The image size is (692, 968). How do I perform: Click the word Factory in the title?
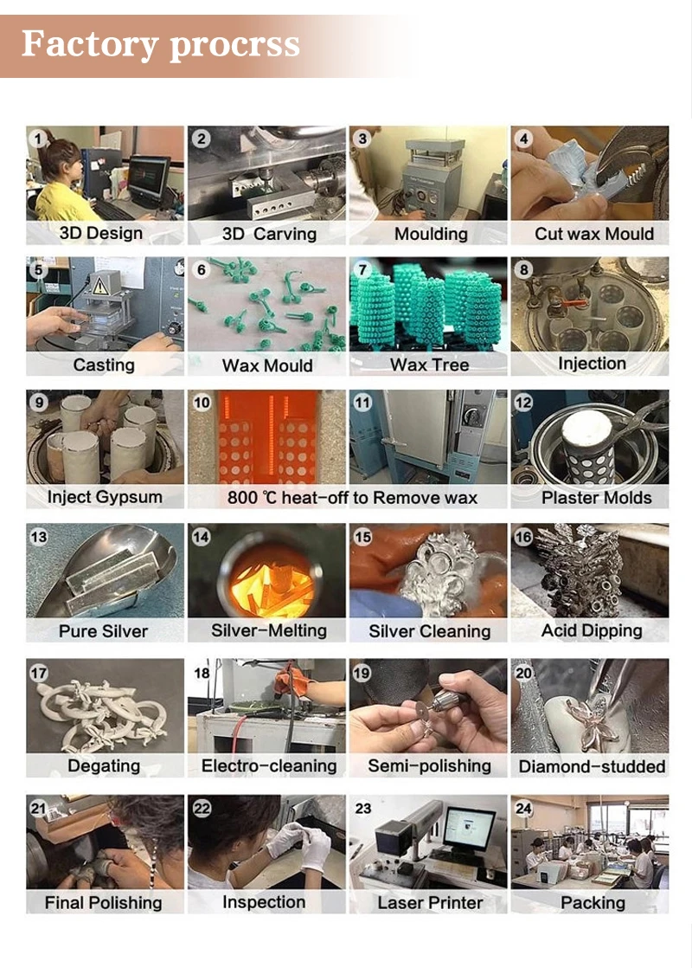90,44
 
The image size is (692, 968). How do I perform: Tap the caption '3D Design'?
101,234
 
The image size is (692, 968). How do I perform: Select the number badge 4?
523,139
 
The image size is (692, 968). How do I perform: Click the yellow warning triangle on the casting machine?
99,286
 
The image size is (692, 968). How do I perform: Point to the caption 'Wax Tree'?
429,365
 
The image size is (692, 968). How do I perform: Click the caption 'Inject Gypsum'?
105,497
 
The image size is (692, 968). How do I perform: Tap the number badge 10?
202,403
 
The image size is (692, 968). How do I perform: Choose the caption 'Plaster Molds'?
596,498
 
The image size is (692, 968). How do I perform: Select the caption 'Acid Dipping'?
592,631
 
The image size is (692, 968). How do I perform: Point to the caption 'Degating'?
104,766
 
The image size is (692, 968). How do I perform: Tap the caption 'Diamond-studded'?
592,767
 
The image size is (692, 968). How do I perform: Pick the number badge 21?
39,808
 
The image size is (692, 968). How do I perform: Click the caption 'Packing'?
593,903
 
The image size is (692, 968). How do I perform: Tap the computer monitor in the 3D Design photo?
148,177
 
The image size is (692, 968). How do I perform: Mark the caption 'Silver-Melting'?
269,630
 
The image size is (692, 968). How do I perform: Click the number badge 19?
362,672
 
